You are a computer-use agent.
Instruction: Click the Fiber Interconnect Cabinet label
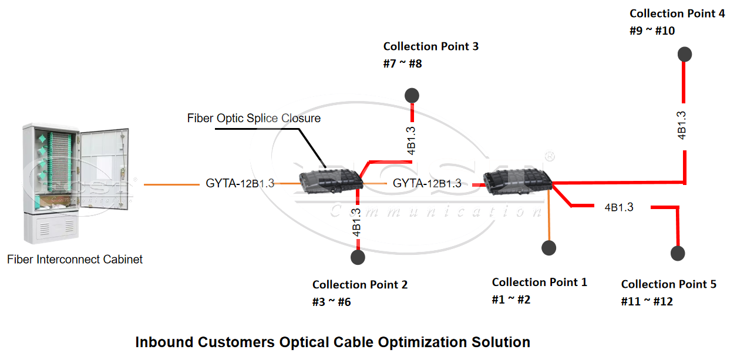click(x=75, y=260)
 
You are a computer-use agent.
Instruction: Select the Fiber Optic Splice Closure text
click(x=254, y=119)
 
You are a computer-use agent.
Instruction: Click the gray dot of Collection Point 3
click(x=412, y=96)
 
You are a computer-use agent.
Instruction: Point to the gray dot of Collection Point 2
click(x=358, y=257)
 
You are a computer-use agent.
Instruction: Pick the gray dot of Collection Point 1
click(x=548, y=248)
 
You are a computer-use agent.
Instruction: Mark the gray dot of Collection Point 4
click(x=684, y=55)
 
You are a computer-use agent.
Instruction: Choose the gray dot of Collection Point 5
click(x=678, y=254)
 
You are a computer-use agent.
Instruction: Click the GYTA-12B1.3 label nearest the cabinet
click(x=240, y=183)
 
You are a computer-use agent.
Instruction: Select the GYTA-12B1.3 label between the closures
click(x=427, y=183)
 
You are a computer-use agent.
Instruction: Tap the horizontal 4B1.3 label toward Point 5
click(x=619, y=207)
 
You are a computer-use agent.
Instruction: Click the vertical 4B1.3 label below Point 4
click(x=682, y=125)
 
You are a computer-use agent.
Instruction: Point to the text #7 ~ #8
click(x=402, y=63)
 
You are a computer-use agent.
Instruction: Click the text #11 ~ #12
click(x=647, y=301)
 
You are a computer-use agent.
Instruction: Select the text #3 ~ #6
click(x=331, y=302)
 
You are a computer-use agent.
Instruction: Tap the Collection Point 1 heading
click(x=539, y=282)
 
